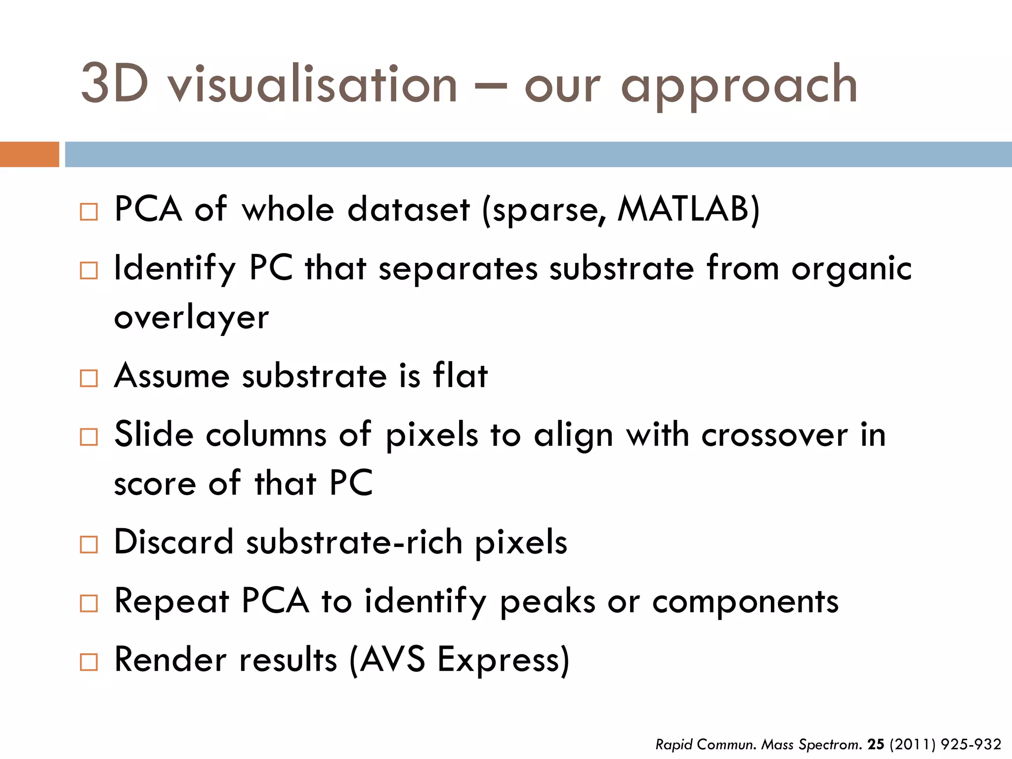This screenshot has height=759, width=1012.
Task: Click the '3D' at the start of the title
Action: (x=115, y=84)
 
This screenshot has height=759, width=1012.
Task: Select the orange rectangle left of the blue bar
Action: (x=29, y=154)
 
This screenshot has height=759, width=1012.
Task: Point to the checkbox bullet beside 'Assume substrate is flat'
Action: (x=89, y=379)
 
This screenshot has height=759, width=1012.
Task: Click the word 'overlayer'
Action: (x=191, y=317)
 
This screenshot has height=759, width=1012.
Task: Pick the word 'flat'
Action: (x=461, y=376)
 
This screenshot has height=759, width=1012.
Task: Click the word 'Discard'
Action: (x=173, y=542)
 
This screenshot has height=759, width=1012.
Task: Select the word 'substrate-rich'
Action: (x=354, y=542)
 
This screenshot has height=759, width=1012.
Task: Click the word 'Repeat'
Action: (x=171, y=601)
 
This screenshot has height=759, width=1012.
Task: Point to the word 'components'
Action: (x=745, y=601)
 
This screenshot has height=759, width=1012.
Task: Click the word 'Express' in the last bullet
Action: (x=504, y=660)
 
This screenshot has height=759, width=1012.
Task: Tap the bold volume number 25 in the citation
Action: (x=876, y=744)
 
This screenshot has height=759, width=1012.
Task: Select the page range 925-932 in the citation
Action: (x=971, y=744)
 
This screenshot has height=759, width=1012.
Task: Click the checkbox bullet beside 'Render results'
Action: (x=89, y=662)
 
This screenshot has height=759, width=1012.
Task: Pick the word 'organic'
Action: (x=851, y=269)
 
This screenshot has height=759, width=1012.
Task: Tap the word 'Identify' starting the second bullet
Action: (x=175, y=269)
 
